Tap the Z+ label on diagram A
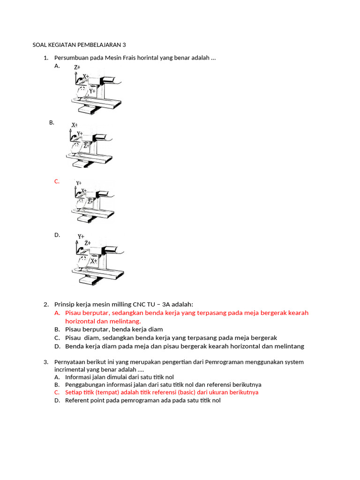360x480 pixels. pyautogui.click(x=78, y=68)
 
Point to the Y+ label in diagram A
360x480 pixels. pyautogui.click(x=92, y=91)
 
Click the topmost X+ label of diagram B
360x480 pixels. pyautogui.click(x=75, y=125)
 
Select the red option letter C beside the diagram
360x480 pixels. pyautogui.click(x=57, y=181)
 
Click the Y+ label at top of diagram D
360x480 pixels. pyautogui.click(x=81, y=237)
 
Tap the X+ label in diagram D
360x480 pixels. pyautogui.click(x=94, y=261)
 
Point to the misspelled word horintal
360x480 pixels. pyautogui.click(x=155, y=58)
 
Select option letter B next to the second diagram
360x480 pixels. pyautogui.click(x=52, y=122)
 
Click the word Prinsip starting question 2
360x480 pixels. pyautogui.click(x=65, y=304)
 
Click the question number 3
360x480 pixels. pyautogui.click(x=46, y=362)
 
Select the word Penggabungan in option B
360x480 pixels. pyautogui.click(x=85, y=384)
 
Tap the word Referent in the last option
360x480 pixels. pyautogui.click(x=77, y=400)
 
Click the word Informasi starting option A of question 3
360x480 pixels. pyautogui.click(x=78, y=377)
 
